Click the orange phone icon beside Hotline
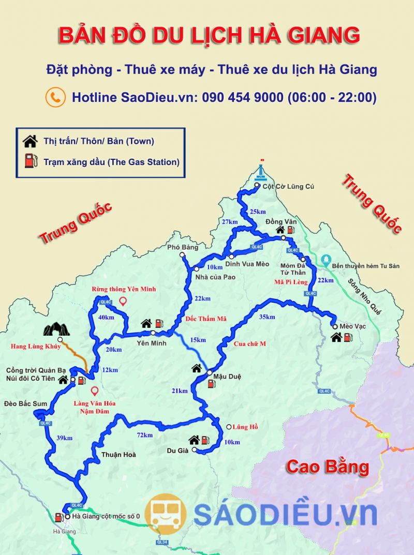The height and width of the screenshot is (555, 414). pyautogui.click(x=55, y=97)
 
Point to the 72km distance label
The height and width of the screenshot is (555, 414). pyautogui.click(x=144, y=435)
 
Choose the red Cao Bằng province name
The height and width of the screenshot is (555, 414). pyautogui.click(x=327, y=467)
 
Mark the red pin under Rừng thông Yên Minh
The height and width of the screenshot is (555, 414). pyautogui.click(x=123, y=301)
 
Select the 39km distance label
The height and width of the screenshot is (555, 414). pyautogui.click(x=64, y=438)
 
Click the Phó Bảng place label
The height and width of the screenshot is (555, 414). pyautogui.click(x=182, y=247)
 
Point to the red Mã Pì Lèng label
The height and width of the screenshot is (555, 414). pyautogui.click(x=291, y=282)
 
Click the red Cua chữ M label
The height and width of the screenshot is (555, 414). pyautogui.click(x=249, y=343)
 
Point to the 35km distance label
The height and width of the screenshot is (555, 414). pyautogui.click(x=267, y=317)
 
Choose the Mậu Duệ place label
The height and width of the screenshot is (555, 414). pyautogui.click(x=227, y=376)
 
